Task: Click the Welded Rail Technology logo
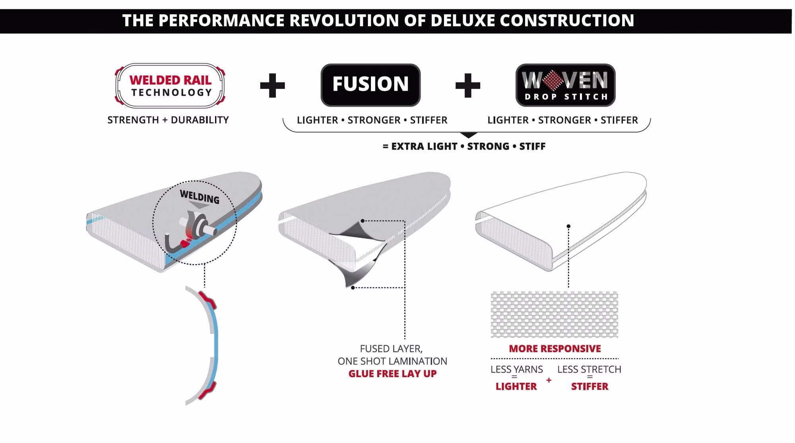tap(170, 85)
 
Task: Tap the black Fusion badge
tap(370, 85)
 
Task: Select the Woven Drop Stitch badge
tap(565, 85)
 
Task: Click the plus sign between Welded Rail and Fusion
tap(272, 85)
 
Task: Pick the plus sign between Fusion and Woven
tap(467, 85)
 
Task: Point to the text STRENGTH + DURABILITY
tap(168, 120)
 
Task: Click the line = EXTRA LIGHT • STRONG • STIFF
tap(464, 146)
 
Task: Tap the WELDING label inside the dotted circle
tap(200, 197)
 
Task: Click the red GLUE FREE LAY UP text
tap(392, 374)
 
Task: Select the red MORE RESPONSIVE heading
tap(555, 349)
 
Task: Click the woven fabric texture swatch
tap(555, 315)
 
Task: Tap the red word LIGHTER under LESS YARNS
tap(516, 387)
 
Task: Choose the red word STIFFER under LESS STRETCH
tap(589, 387)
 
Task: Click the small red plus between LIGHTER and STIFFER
tap(549, 380)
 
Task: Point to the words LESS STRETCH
tap(589, 369)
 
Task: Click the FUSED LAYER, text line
tap(391, 349)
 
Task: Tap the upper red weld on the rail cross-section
tap(207, 300)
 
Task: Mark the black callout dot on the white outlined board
tap(568, 226)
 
